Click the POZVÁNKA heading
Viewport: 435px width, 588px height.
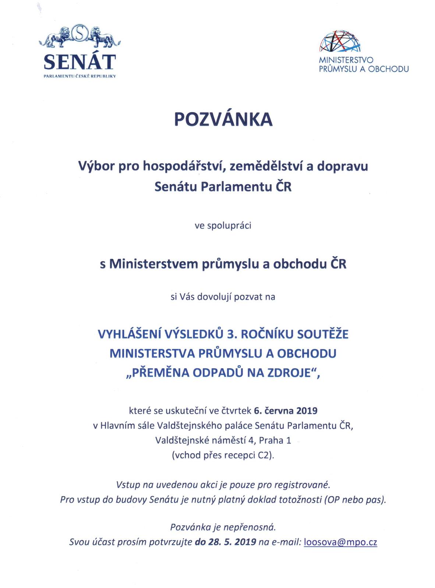tap(223, 119)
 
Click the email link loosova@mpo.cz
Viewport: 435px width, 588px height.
tap(340, 542)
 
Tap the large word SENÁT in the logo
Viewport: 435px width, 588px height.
tap(80, 62)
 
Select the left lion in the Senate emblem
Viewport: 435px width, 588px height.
tap(60, 36)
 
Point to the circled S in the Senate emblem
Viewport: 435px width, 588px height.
tap(80, 33)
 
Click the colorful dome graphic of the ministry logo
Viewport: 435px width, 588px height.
tap(340, 41)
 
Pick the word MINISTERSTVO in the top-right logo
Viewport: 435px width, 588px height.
tap(346, 60)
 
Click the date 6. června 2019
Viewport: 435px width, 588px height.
tap(286, 410)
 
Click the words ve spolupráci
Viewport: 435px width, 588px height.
tap(223, 225)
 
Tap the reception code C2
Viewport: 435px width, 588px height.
tap(265, 455)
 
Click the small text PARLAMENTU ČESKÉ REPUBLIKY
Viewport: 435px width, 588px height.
tap(80, 76)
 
